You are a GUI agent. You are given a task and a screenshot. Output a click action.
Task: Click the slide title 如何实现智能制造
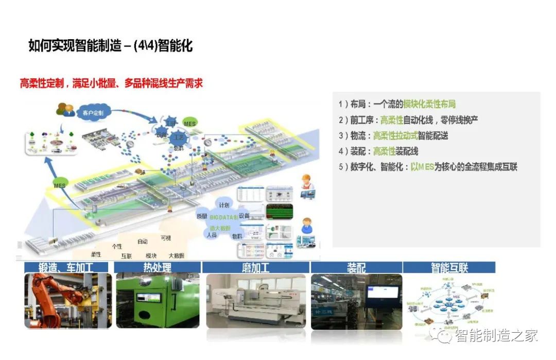[110, 46]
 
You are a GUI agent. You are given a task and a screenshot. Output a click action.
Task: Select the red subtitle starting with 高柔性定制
[111, 83]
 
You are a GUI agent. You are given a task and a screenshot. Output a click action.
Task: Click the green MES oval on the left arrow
[59, 184]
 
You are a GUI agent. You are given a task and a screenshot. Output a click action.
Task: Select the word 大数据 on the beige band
[176, 255]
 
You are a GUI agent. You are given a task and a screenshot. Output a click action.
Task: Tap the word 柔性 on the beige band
[96, 254]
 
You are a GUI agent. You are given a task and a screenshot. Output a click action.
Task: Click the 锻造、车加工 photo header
[66, 268]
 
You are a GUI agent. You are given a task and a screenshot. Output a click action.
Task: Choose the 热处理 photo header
[157, 268]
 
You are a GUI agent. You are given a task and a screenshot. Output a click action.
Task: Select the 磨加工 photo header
[255, 268]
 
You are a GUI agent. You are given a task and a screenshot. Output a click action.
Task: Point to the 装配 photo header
[356, 268]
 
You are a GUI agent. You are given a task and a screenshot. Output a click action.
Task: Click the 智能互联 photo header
[449, 268]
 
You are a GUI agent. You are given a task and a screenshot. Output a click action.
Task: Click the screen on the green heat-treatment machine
[150, 299]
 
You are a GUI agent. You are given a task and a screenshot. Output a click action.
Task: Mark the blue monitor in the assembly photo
[382, 293]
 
